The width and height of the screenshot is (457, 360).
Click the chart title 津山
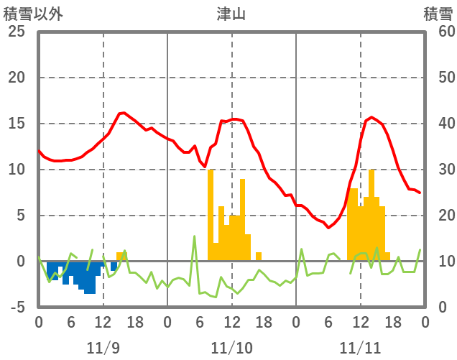click(231, 14)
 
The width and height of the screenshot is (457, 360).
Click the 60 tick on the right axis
click(439, 32)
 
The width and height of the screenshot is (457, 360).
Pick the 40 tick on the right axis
click(439, 124)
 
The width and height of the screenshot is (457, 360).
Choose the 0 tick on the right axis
click(439, 308)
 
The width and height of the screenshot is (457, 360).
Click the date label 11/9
click(103, 348)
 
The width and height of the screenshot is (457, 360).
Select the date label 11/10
click(231, 348)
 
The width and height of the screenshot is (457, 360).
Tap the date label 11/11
click(360, 348)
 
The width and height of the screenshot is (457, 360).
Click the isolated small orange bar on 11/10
click(259, 257)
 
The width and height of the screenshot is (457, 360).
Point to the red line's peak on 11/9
click(123, 113)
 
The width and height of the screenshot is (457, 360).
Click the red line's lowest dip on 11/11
click(328, 227)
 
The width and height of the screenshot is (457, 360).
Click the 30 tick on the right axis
click(439, 170)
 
